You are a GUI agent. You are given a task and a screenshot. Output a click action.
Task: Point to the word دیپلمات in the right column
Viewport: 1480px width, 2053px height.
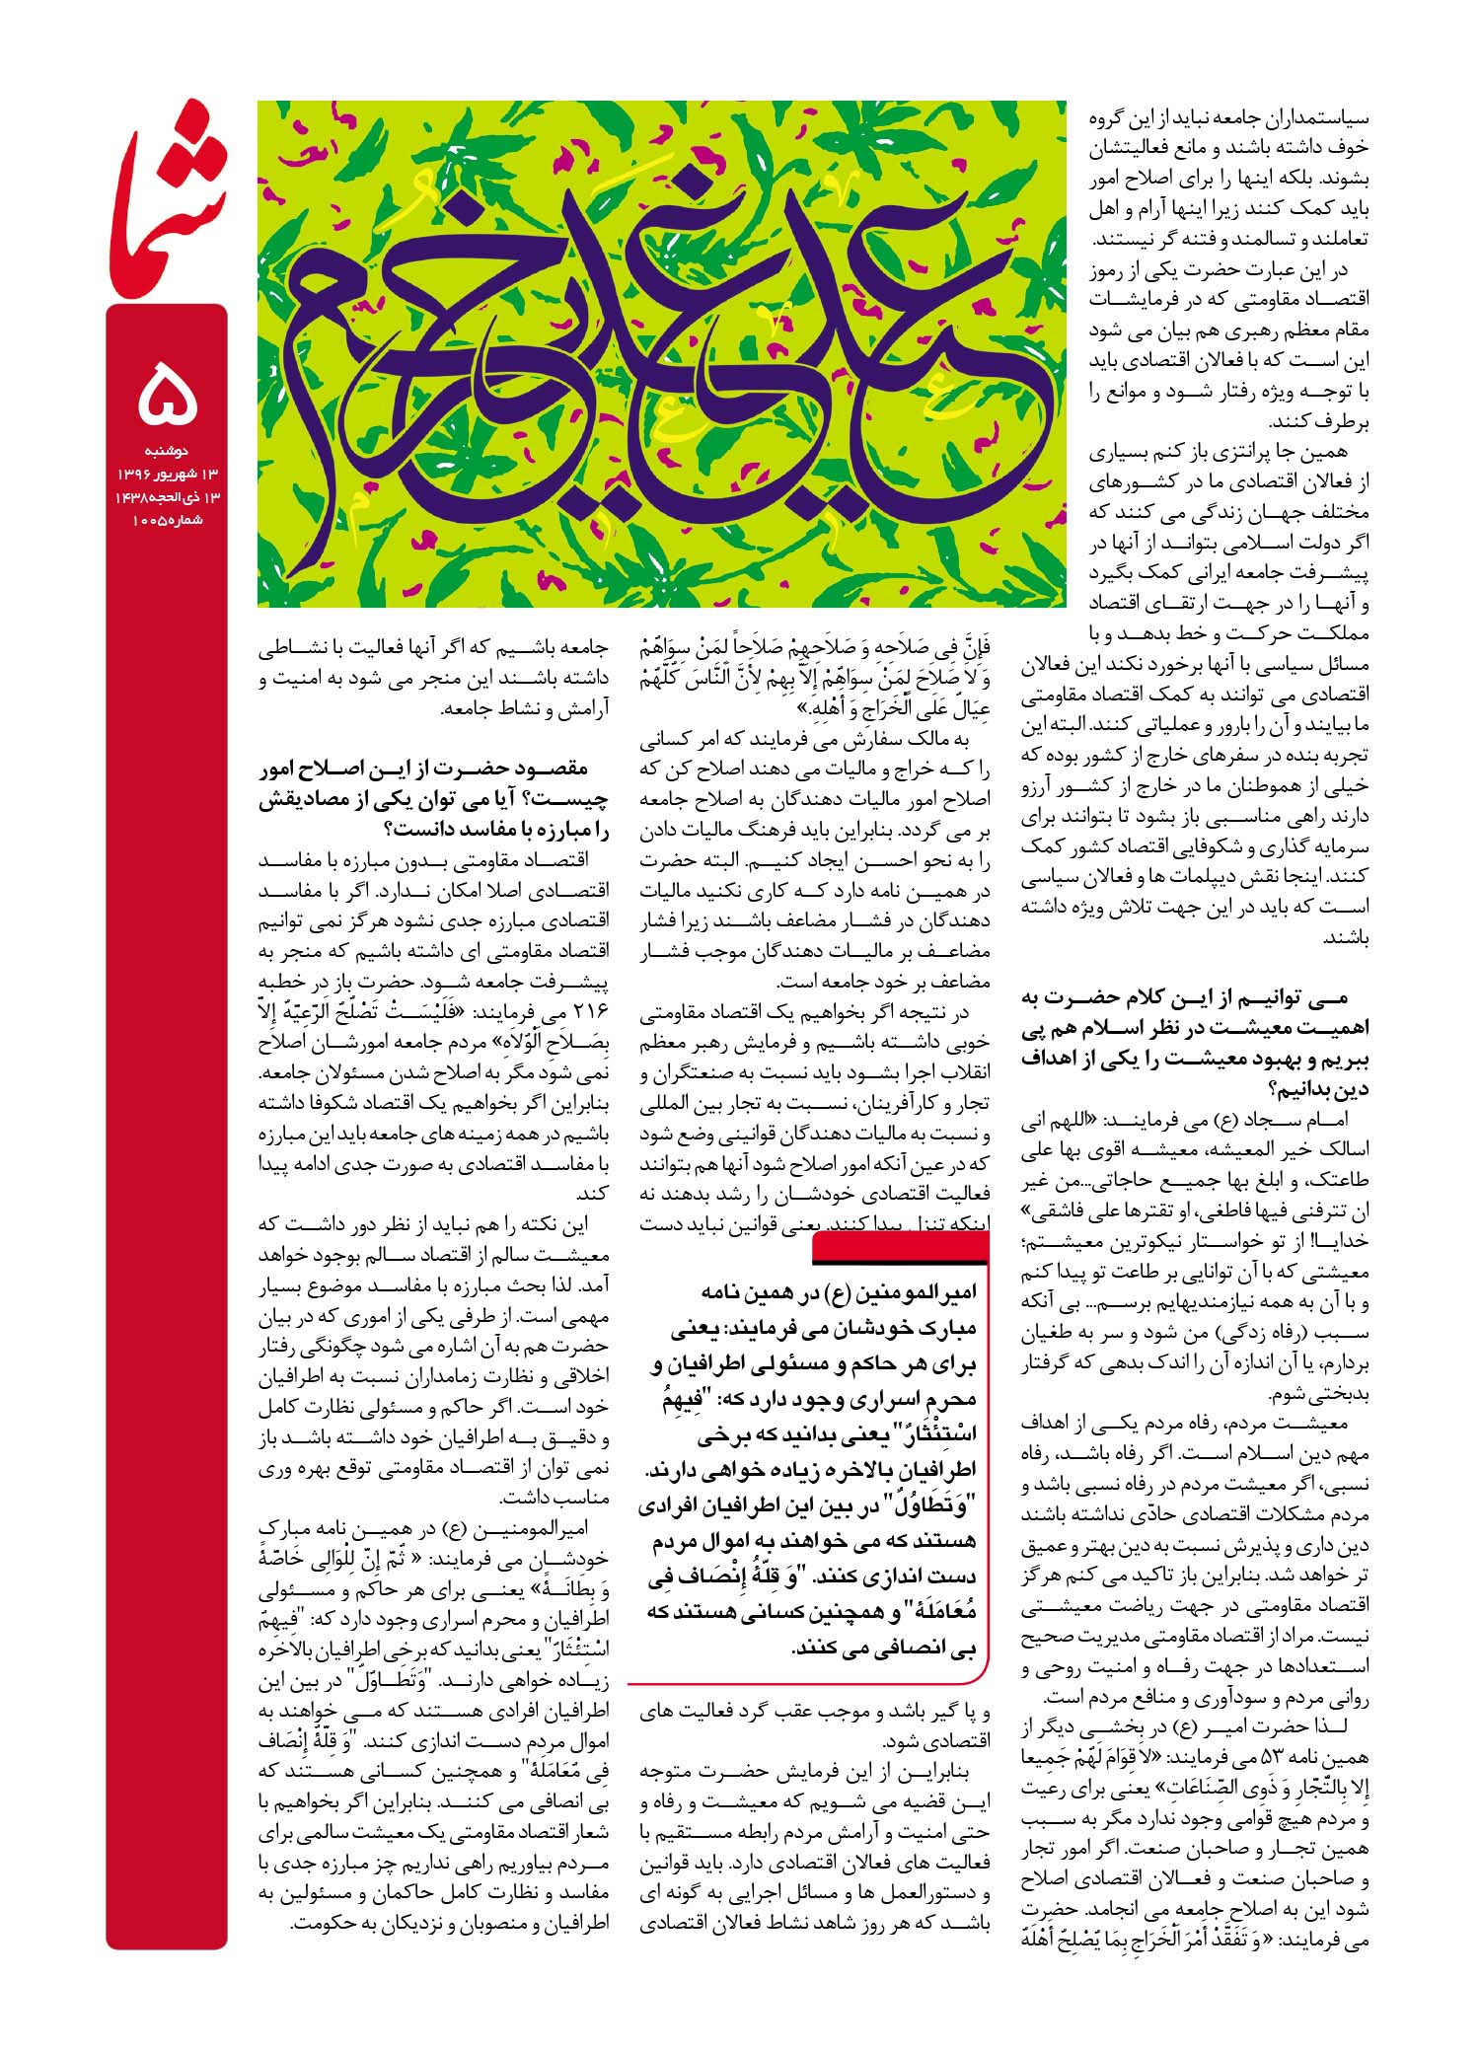[1215, 875]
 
